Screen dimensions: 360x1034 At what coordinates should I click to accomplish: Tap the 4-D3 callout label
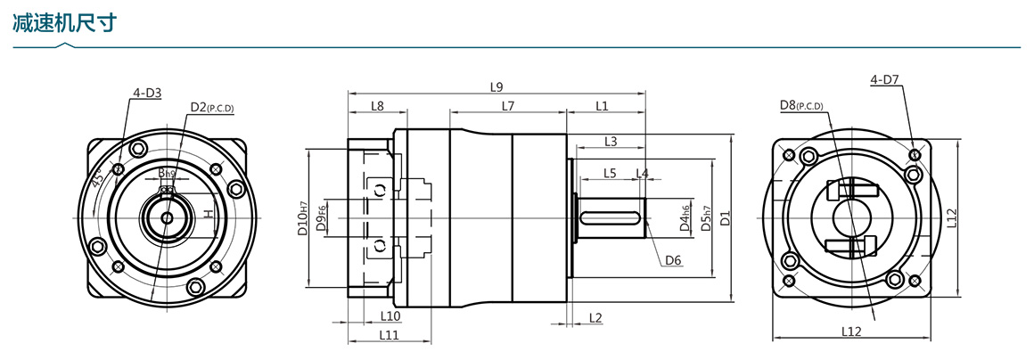tap(146, 92)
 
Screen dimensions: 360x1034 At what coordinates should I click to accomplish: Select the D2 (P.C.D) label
tap(211, 108)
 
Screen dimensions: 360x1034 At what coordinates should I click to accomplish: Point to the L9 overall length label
tap(496, 86)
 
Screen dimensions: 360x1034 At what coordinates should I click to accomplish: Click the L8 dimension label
tap(377, 106)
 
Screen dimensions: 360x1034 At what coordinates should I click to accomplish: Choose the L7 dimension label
tap(508, 106)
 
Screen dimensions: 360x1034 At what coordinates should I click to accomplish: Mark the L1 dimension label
tap(602, 106)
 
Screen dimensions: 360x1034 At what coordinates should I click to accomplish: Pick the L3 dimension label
tap(611, 141)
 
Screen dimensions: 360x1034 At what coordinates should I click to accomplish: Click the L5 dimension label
tap(610, 172)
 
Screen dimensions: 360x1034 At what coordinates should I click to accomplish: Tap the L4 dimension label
tap(642, 172)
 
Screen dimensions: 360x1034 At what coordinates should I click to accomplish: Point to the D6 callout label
tap(673, 260)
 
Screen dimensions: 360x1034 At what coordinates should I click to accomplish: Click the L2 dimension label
tap(595, 317)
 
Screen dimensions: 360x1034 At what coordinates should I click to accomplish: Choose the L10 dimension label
tap(390, 315)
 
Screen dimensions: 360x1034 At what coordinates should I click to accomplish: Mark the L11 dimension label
tap(389, 335)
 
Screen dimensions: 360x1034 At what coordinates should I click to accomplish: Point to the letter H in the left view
tap(208, 214)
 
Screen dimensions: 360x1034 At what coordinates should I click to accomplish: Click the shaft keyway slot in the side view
tap(613, 216)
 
